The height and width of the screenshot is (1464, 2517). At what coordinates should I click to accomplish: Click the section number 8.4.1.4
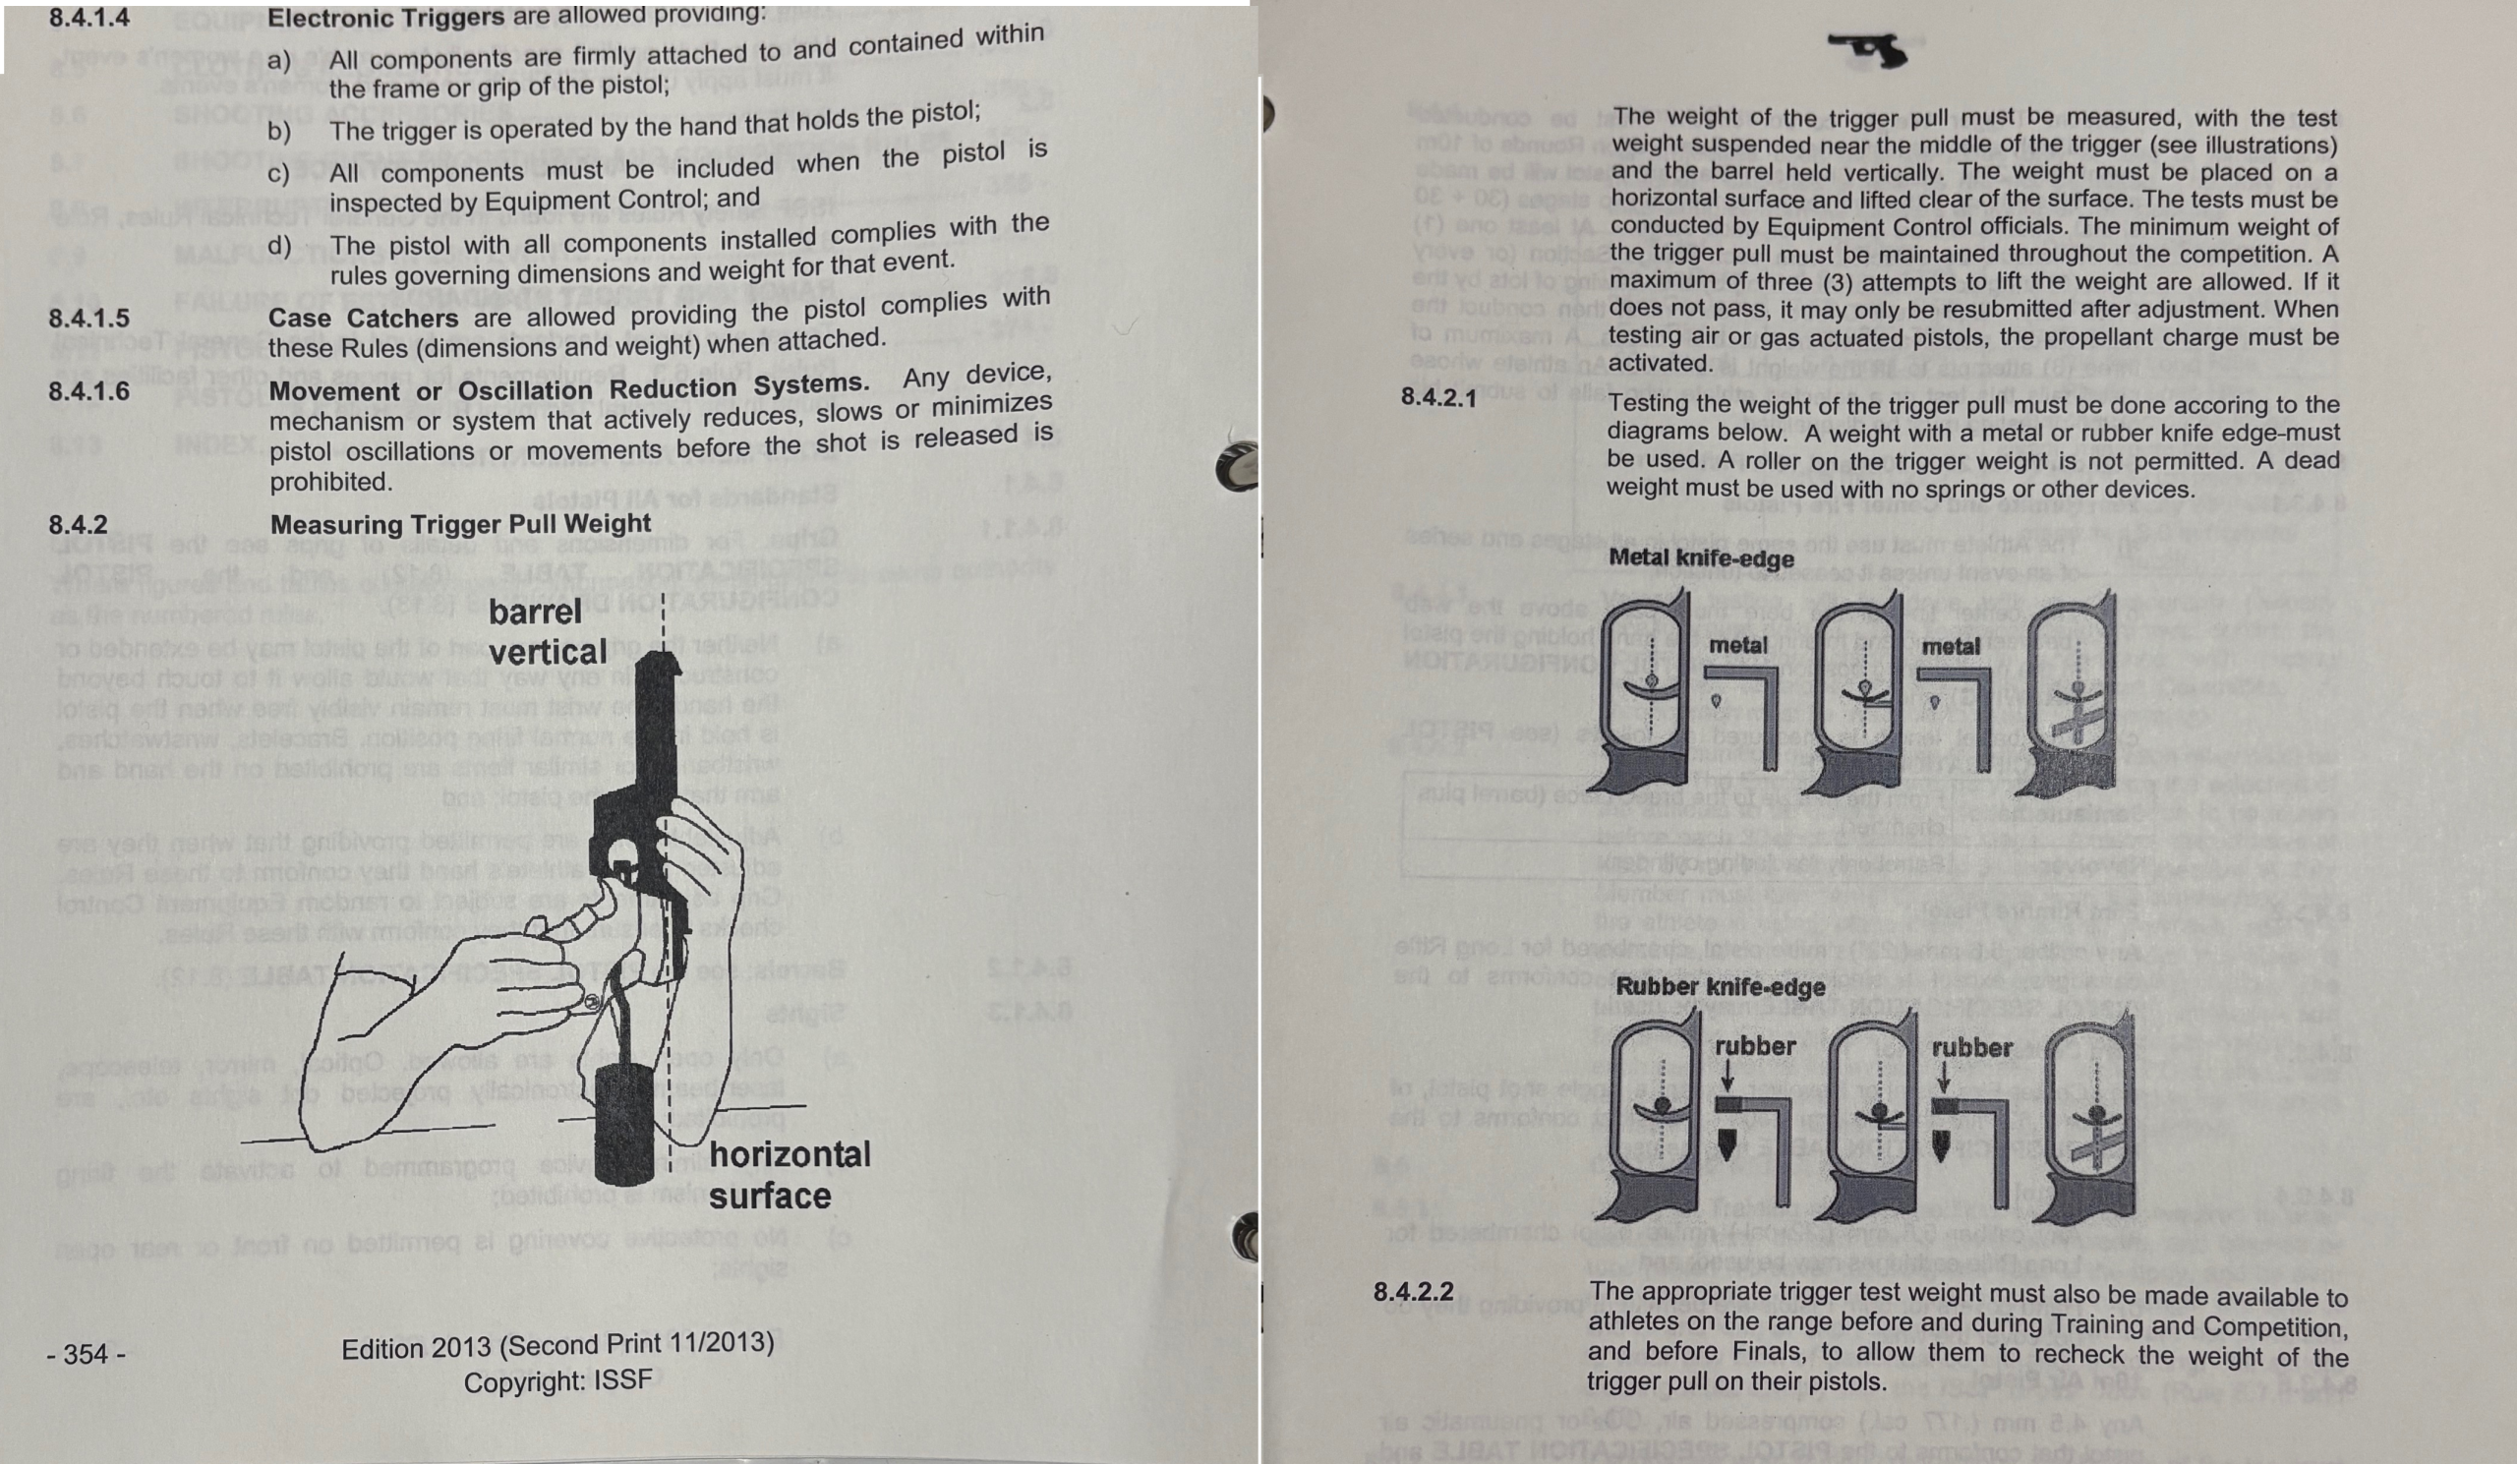[x=88, y=17]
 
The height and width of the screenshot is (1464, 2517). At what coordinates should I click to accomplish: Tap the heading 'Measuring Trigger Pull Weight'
[x=460, y=524]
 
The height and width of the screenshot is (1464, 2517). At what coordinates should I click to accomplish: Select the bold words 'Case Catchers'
[x=363, y=319]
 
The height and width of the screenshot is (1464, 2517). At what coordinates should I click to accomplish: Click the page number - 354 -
[x=86, y=1354]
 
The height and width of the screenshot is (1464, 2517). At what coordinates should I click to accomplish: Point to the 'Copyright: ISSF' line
[x=557, y=1381]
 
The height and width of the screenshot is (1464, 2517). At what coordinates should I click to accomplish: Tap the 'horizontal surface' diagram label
[x=790, y=1174]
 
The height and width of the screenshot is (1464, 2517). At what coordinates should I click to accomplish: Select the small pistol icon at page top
[x=1869, y=50]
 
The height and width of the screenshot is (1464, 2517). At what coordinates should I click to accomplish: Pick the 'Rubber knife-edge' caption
[x=1720, y=987]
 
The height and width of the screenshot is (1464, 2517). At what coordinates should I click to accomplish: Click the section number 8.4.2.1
[x=1438, y=397]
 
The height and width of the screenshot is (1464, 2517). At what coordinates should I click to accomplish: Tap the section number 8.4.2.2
[x=1413, y=1291]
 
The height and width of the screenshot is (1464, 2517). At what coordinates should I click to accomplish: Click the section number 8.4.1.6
[x=88, y=391]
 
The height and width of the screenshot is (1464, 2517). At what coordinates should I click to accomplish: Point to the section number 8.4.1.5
[x=88, y=319]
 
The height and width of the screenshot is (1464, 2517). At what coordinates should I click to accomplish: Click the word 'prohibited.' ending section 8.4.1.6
[x=328, y=482]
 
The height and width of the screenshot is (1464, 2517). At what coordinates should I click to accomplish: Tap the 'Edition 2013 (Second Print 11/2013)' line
[x=557, y=1344]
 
